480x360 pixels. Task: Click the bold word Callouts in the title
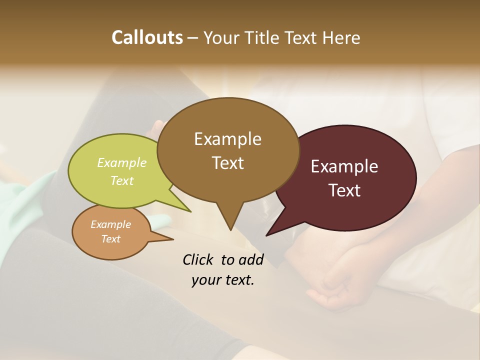[x=147, y=37]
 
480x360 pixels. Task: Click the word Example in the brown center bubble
[x=227, y=139]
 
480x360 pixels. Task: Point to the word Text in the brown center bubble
[x=228, y=162]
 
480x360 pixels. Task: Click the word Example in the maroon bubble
[x=344, y=166]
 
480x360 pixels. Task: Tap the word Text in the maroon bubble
[x=345, y=190]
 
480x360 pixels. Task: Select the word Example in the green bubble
[x=122, y=162]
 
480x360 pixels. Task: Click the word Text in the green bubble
[x=122, y=180]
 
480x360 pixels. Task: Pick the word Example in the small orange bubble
[x=110, y=224]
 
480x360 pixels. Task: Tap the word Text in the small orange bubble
[x=110, y=239]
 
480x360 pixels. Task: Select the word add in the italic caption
[x=251, y=259]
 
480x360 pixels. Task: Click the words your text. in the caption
[x=223, y=280]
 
